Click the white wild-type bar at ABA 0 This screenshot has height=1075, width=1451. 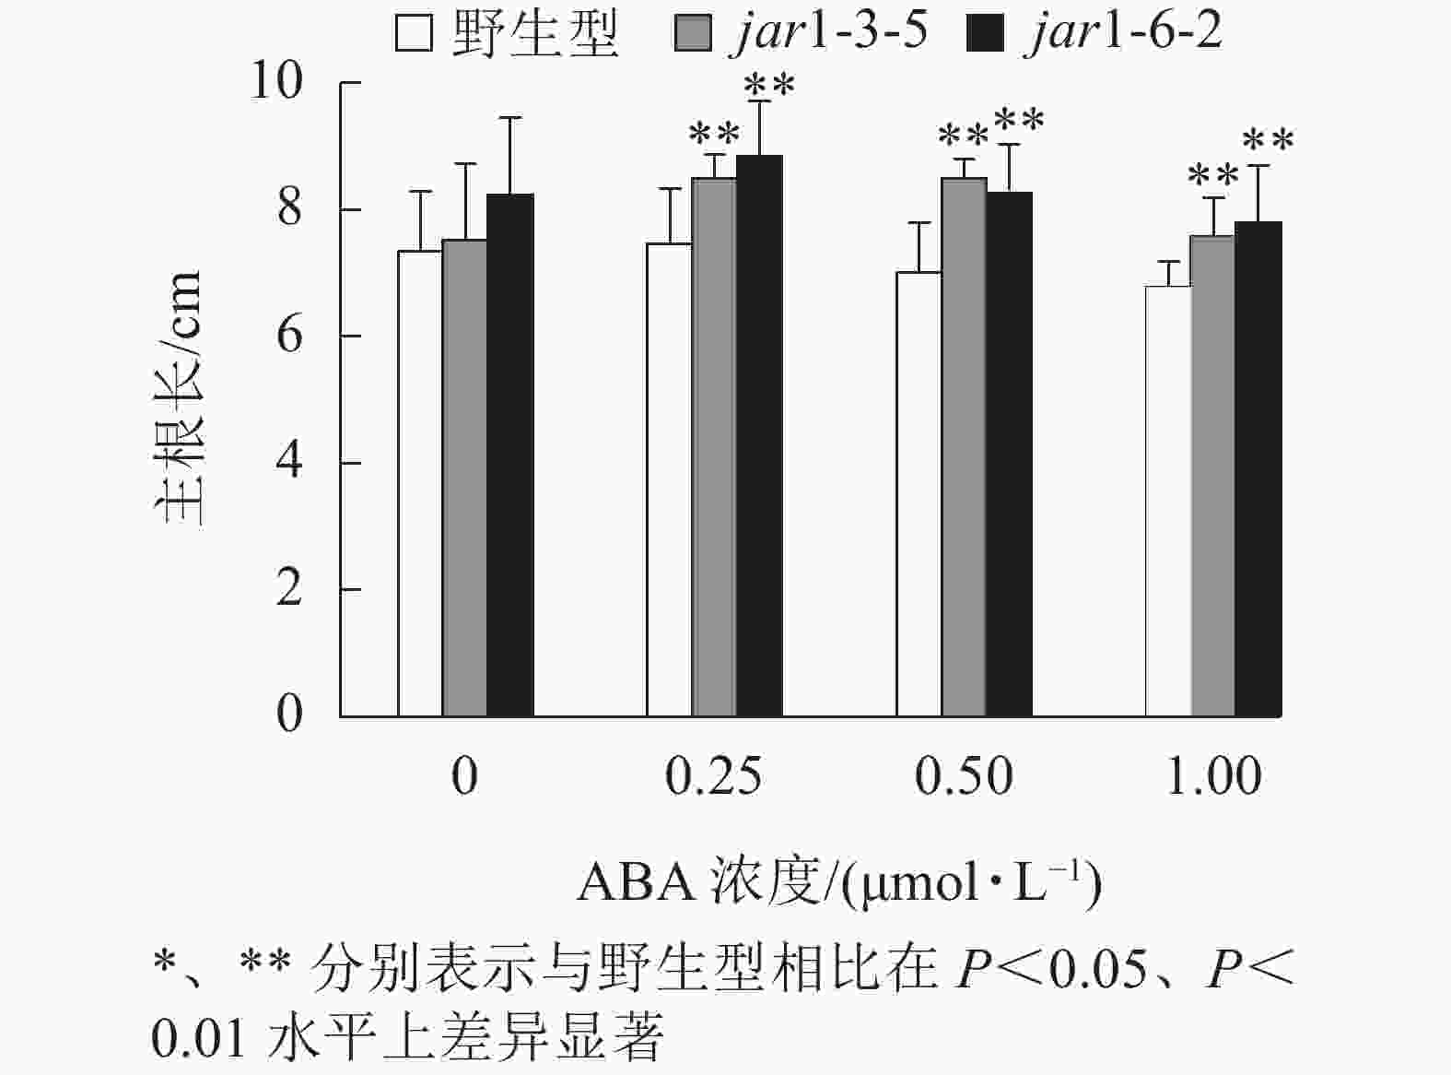tap(420, 483)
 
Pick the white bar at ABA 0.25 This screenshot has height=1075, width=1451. tap(669, 479)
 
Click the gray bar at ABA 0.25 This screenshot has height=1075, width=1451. tap(714, 447)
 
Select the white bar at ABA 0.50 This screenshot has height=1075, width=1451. tap(919, 494)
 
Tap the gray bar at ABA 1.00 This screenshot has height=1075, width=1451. tap(1212, 476)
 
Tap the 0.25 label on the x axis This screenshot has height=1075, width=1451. tap(713, 776)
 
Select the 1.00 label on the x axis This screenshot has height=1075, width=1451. tap(1213, 776)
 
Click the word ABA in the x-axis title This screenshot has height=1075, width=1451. tap(636, 882)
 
